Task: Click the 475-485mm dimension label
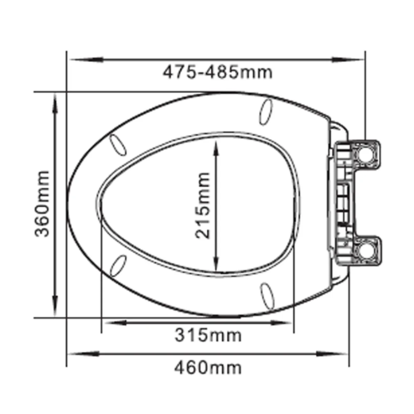(217, 72)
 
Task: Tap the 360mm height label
(42, 204)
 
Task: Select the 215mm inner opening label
(202, 205)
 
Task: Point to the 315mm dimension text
(208, 335)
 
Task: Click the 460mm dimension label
(208, 368)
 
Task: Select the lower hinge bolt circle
(365, 250)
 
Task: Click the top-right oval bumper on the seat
(266, 112)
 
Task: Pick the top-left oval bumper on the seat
(118, 145)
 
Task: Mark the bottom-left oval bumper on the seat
(118, 265)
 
